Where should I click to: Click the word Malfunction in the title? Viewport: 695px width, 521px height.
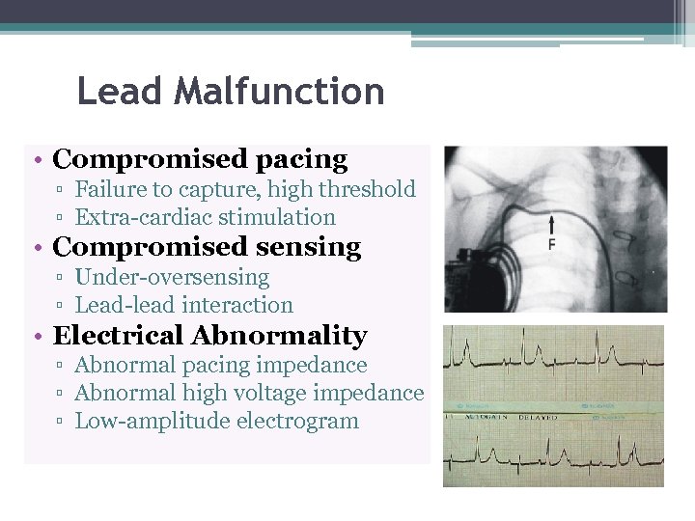[x=280, y=93]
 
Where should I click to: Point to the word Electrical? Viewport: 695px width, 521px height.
[x=118, y=336]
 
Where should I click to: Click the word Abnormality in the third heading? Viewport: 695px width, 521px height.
[x=280, y=336]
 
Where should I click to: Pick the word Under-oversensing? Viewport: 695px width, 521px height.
[x=172, y=278]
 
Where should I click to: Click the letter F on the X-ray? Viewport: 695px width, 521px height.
[x=552, y=244]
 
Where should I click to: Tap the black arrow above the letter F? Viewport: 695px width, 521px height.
[x=552, y=226]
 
